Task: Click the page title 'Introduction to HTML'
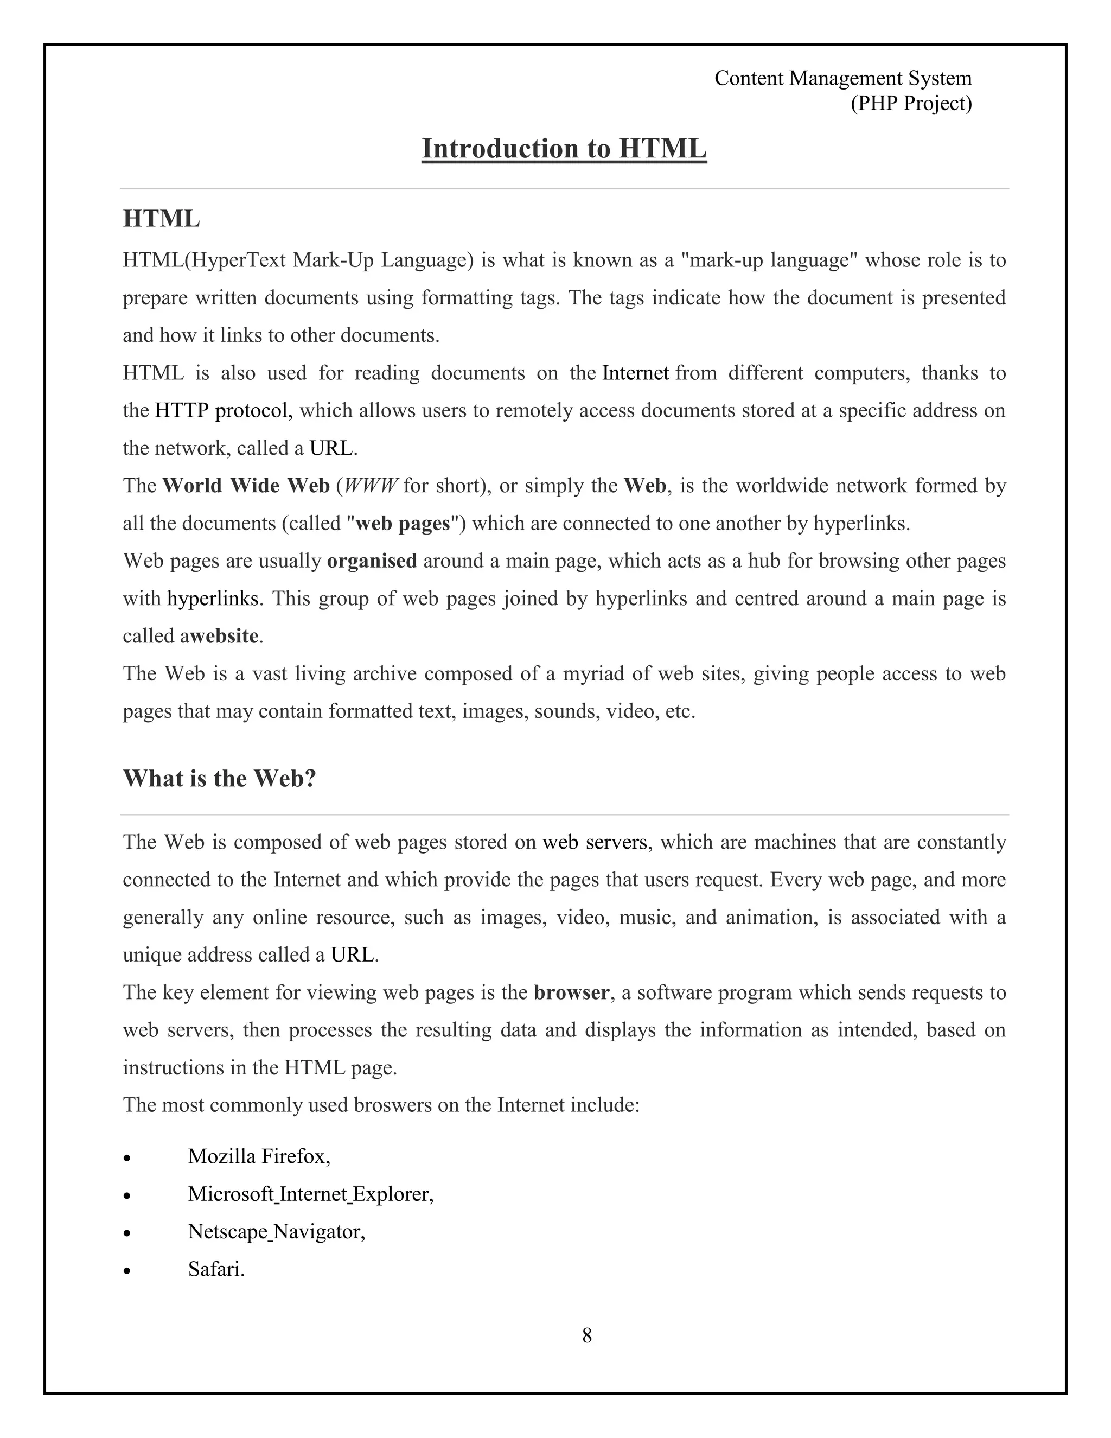[564, 149]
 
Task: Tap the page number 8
[586, 1335]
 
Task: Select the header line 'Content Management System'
[842, 78]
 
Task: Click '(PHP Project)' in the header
[910, 103]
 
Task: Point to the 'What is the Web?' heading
[220, 778]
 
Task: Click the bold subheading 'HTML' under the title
[161, 219]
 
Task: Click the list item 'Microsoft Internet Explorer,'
[311, 1194]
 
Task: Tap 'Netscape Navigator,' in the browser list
[277, 1231]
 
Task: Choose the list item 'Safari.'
[216, 1269]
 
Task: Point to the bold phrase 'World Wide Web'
[246, 486]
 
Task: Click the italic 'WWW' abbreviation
[371, 486]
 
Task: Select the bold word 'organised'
[372, 561]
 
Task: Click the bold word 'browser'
[571, 992]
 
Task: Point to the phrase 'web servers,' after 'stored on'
[596, 842]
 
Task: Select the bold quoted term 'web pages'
[402, 524]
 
